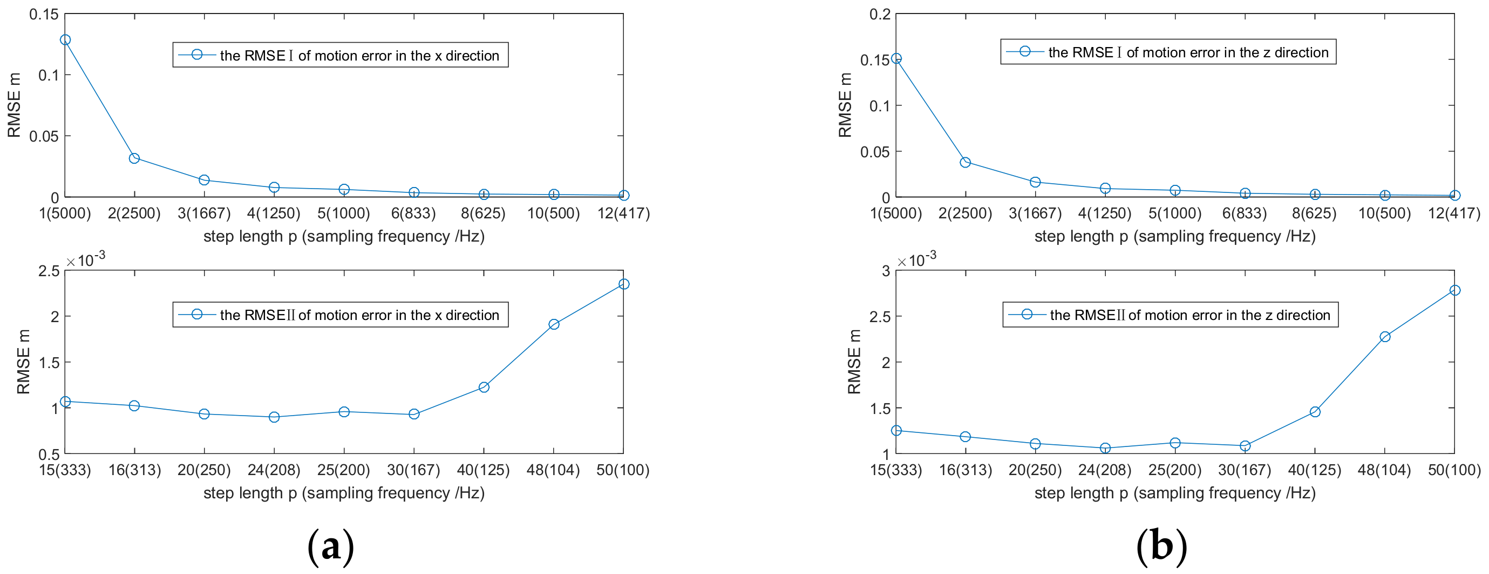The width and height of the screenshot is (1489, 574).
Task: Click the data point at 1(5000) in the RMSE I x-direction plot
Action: click(x=65, y=40)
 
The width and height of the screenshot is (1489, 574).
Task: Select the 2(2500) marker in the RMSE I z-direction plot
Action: click(x=966, y=163)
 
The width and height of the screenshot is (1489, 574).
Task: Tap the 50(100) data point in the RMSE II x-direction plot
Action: click(x=624, y=284)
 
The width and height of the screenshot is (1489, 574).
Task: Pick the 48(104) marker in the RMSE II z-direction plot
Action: click(x=1385, y=337)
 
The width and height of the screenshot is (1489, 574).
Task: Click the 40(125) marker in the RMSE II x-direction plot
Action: click(x=484, y=387)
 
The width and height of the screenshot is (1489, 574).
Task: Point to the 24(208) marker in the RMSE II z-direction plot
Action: click(x=1105, y=448)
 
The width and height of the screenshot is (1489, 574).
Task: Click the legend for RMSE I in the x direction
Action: click(x=341, y=55)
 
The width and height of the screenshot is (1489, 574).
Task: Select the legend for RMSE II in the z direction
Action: click(x=1170, y=315)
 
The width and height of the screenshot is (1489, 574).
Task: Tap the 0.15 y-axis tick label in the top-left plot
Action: click(x=44, y=15)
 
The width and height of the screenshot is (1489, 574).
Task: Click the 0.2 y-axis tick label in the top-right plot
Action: click(x=880, y=15)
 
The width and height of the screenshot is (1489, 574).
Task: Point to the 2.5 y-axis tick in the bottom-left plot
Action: click(x=49, y=271)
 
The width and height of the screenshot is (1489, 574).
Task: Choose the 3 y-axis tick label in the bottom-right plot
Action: click(x=886, y=271)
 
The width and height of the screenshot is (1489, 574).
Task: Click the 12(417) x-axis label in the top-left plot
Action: click(x=623, y=213)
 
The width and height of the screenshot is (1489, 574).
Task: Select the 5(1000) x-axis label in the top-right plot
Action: click(x=1174, y=213)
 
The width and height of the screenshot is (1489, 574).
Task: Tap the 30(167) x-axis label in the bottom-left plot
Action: click(x=414, y=470)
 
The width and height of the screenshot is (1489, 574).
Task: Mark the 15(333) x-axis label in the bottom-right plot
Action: click(x=896, y=470)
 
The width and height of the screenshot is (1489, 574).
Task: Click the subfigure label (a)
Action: click(x=331, y=546)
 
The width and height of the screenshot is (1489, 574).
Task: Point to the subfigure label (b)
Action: click(x=1162, y=546)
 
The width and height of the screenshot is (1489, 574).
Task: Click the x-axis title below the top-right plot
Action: click(x=1174, y=236)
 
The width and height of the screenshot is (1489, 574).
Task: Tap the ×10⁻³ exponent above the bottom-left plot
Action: click(x=86, y=260)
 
